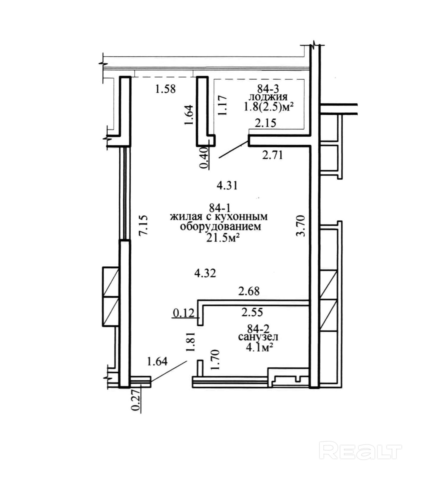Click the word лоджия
[x=268, y=97]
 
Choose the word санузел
[x=258, y=337]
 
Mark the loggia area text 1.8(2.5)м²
[x=269, y=107]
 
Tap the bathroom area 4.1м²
[x=260, y=347]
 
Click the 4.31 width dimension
[x=227, y=186]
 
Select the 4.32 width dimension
[x=205, y=273]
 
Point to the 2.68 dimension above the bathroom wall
[x=249, y=291]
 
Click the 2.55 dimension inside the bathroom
[x=252, y=312]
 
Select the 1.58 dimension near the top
[x=165, y=89]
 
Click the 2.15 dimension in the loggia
[x=265, y=123]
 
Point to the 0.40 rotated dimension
[x=204, y=158]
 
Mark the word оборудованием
[x=221, y=227]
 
